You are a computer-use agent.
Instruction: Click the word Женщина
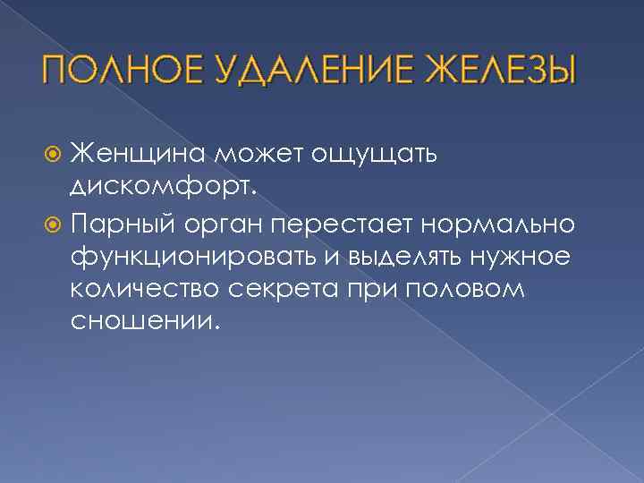(139, 152)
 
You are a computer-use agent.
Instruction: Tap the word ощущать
(373, 154)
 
